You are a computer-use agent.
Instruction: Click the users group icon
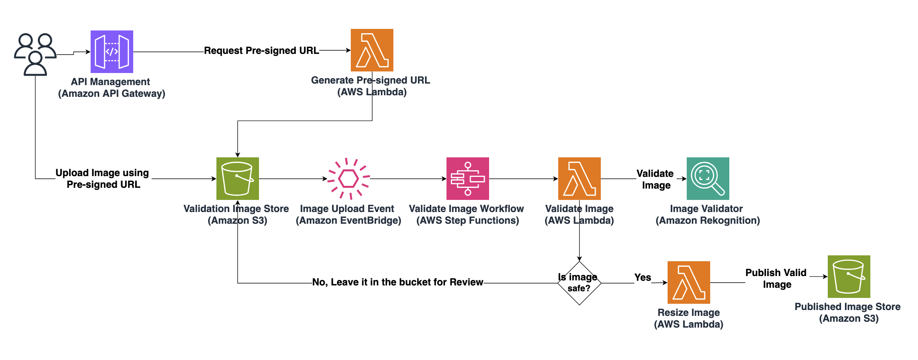point(35,54)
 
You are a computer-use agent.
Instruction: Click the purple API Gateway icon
point(112,52)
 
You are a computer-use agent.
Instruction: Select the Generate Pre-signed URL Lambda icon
point(372,50)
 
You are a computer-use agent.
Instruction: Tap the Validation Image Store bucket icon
point(238,178)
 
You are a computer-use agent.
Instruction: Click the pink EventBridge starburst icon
point(348,178)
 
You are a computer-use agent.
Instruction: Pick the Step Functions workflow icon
point(468,178)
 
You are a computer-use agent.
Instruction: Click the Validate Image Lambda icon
point(579,178)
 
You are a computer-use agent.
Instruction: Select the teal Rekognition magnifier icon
point(708,178)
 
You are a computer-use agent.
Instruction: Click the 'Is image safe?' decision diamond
point(579,283)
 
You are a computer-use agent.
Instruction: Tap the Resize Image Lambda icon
point(689,282)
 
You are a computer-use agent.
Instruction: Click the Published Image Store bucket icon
point(849,276)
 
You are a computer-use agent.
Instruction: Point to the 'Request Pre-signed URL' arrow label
point(261,51)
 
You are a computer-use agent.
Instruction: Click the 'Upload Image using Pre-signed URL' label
point(103,178)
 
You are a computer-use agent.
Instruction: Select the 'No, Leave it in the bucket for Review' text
point(398,282)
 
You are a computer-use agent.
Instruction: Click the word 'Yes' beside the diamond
point(643,278)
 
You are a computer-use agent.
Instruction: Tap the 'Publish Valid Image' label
point(776,278)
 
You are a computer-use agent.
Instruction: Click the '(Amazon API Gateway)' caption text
point(112,94)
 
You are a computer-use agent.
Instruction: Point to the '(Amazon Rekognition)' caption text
point(707,221)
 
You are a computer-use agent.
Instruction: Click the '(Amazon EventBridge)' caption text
point(348,221)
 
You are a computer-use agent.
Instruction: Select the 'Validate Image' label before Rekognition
point(655,179)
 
